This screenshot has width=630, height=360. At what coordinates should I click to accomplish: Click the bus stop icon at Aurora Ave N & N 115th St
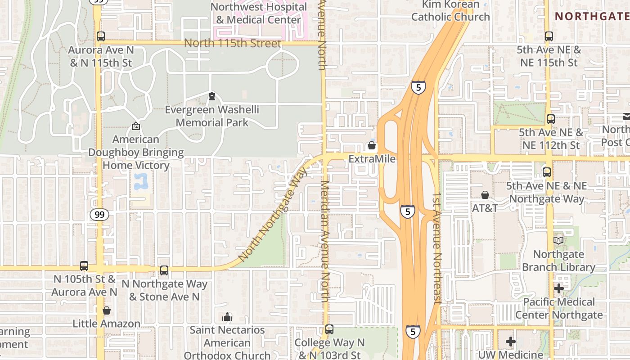click(101, 36)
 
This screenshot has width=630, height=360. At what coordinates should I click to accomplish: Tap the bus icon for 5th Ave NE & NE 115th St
click(549, 36)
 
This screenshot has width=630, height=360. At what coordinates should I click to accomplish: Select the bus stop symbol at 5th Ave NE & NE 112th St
click(550, 119)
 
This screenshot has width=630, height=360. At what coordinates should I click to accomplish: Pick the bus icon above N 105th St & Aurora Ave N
click(84, 266)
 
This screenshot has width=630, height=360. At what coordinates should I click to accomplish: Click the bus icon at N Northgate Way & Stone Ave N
click(164, 270)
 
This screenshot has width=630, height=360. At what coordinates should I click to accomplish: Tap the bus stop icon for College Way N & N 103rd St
click(329, 329)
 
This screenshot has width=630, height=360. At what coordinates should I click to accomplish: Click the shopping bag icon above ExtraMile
click(372, 145)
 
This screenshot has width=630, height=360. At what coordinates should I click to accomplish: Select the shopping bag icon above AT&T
click(485, 195)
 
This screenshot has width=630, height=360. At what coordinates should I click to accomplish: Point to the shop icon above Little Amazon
click(107, 310)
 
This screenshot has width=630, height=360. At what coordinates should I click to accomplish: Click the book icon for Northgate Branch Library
click(558, 241)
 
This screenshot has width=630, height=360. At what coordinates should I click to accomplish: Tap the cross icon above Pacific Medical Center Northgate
click(559, 288)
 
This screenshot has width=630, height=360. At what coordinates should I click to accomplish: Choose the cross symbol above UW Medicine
click(510, 342)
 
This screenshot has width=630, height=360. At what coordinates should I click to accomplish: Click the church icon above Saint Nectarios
click(227, 317)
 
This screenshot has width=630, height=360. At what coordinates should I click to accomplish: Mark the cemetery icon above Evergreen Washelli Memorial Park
click(211, 96)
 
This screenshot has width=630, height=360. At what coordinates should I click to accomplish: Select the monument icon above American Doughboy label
click(136, 126)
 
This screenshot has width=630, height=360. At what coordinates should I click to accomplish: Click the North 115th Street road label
click(233, 43)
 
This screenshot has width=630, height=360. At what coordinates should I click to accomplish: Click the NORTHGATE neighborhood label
click(592, 17)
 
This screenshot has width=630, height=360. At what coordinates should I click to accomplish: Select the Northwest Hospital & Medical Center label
click(258, 13)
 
